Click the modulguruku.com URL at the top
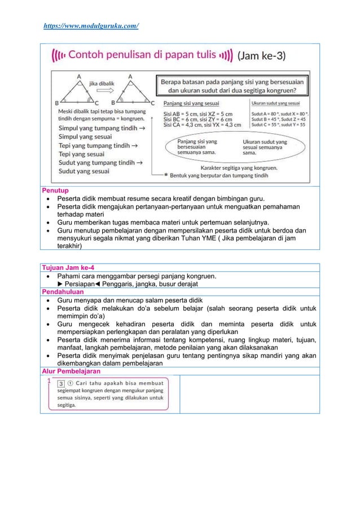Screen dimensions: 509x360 [x=91, y=26]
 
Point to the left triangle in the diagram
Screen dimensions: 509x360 [x=78, y=92]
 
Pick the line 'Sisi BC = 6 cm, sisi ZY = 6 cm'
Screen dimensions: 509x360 [x=197, y=120]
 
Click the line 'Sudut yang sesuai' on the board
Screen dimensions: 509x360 [x=85, y=171]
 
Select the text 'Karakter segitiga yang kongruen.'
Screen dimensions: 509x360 [x=239, y=168]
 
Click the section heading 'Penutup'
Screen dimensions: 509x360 [x=55, y=191]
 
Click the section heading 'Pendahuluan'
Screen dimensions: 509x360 [x=63, y=292]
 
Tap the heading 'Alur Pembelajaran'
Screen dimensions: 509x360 [x=71, y=371]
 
